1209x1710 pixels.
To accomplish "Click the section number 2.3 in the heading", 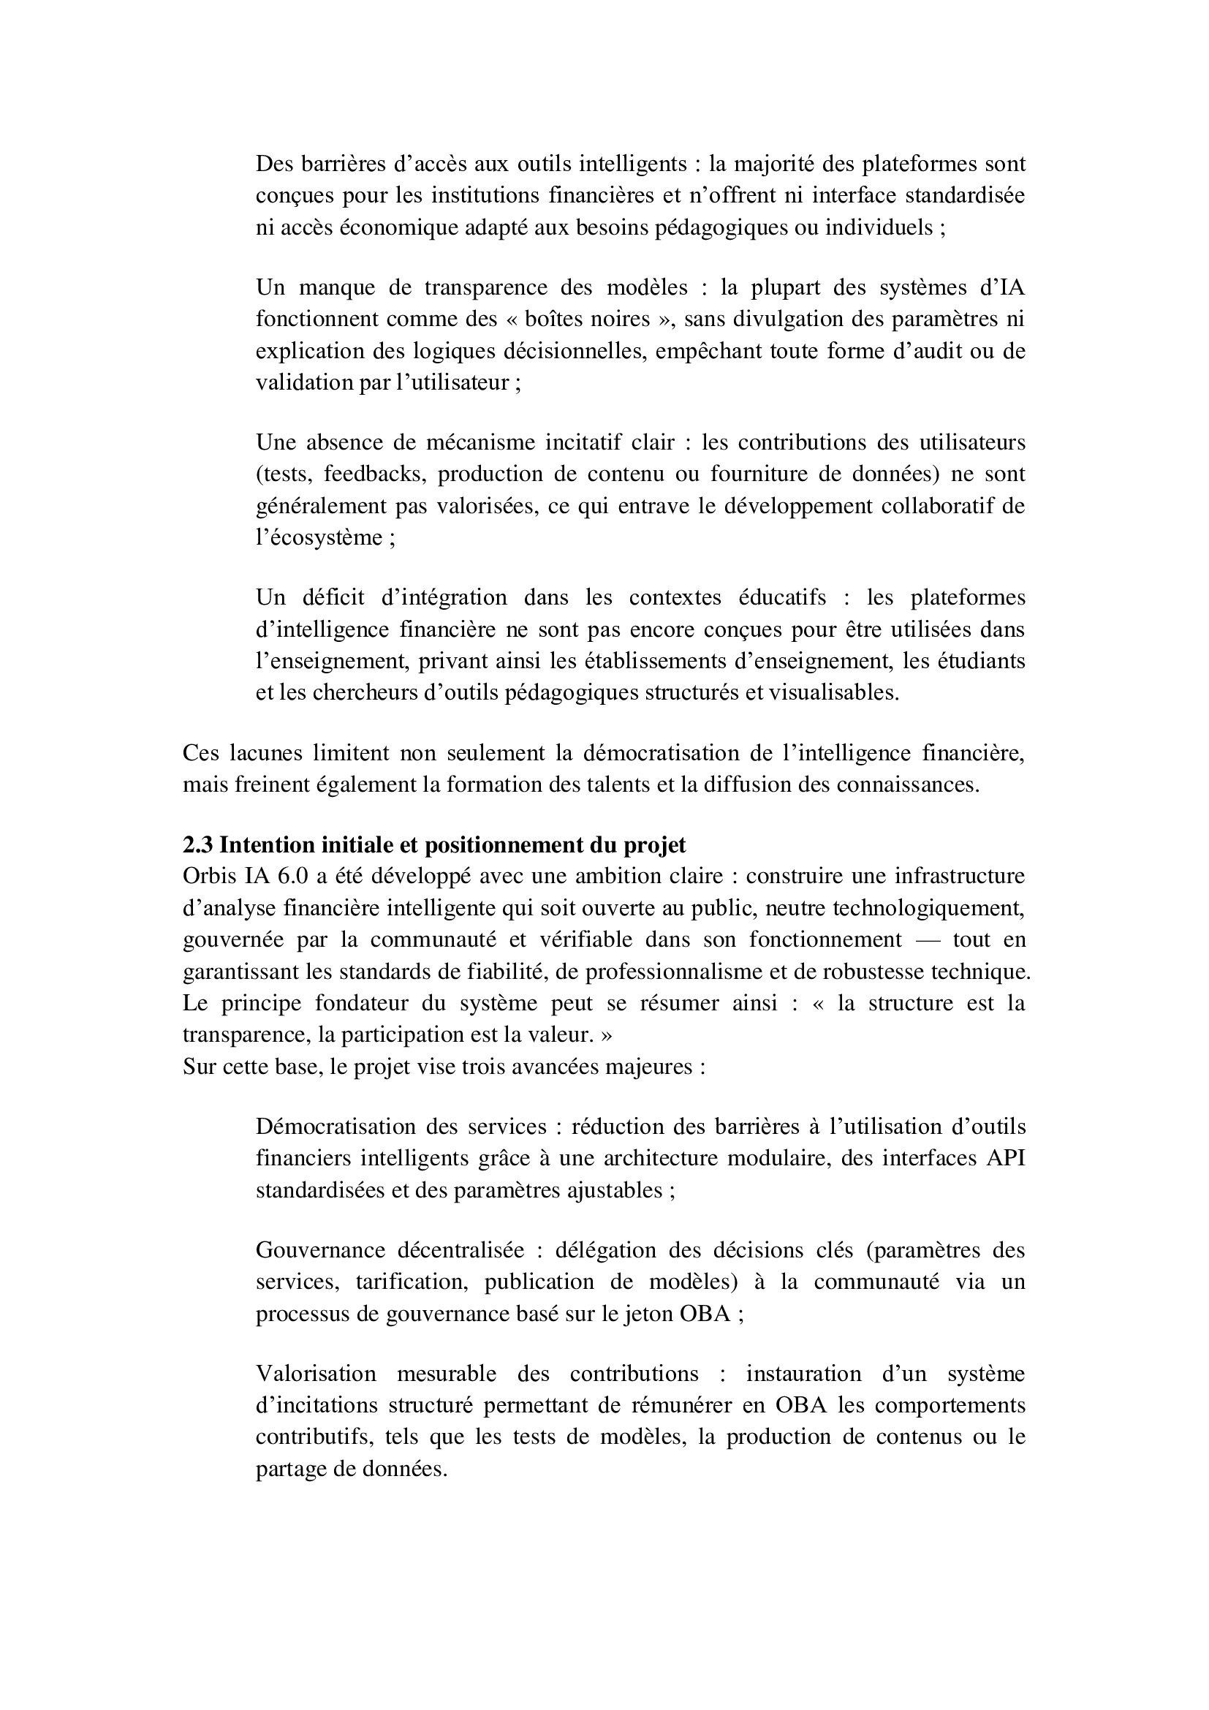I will coord(197,845).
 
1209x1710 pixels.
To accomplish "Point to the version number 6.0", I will coord(292,876).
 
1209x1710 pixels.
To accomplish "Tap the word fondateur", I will coord(362,1002).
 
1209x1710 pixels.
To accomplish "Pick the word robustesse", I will coord(876,971).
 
